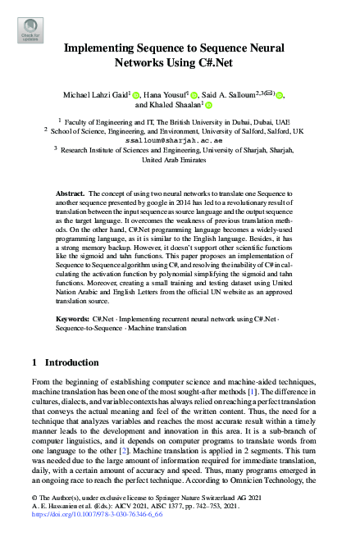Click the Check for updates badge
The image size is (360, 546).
click(x=30, y=30)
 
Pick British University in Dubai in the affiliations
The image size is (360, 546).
click(x=192, y=120)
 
